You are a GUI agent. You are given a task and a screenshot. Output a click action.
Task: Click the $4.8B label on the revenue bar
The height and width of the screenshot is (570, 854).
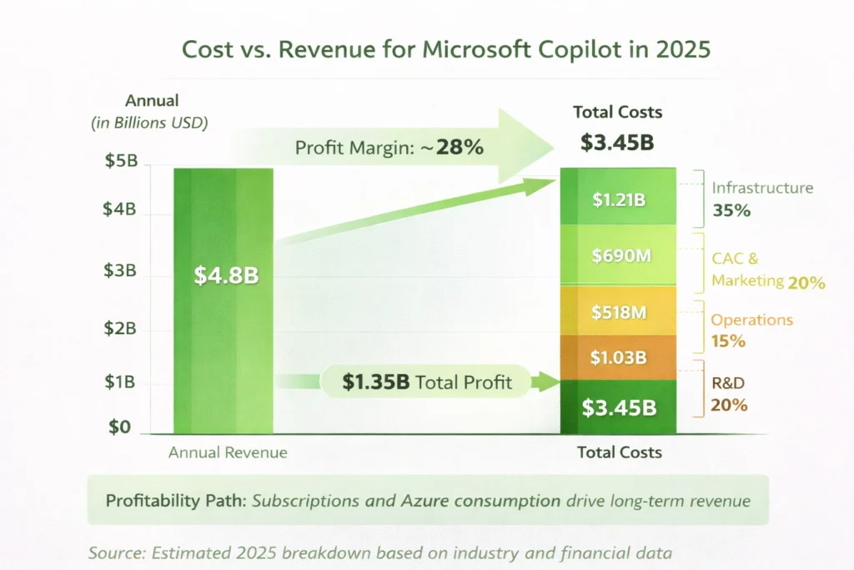pos(226,275)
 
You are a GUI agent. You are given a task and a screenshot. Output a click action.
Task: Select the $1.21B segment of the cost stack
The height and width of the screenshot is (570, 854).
pos(618,199)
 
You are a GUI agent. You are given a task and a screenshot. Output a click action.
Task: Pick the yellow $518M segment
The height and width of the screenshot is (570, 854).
pos(619,312)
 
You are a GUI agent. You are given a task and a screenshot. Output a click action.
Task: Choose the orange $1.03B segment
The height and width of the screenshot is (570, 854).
pos(619,357)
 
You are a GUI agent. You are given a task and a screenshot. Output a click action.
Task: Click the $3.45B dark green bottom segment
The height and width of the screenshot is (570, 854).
pos(619,407)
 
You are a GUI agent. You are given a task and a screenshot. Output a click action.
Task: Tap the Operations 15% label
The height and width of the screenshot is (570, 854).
pos(750,330)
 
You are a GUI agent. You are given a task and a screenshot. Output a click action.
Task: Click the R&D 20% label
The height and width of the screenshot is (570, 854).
pos(728,395)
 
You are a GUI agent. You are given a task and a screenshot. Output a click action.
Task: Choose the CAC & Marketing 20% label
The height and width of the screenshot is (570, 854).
pos(766,270)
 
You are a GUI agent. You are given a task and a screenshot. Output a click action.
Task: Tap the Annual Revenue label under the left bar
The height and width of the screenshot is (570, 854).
pos(228,452)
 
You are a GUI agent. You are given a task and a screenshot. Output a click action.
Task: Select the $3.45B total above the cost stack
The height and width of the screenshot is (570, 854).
pos(617,142)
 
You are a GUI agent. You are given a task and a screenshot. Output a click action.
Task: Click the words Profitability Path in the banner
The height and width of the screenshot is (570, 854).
pos(174,501)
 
